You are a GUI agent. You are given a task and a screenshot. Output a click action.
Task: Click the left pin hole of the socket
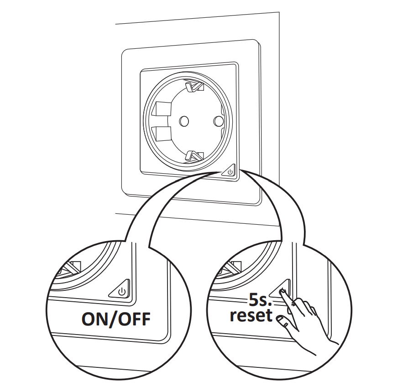click(x=184, y=121)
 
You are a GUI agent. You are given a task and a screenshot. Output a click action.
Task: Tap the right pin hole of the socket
click(x=219, y=121)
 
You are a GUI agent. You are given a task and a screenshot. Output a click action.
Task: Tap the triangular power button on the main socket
click(x=230, y=171)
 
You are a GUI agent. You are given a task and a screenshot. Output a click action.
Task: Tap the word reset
click(x=251, y=316)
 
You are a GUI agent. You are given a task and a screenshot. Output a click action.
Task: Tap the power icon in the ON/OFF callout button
click(x=121, y=291)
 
